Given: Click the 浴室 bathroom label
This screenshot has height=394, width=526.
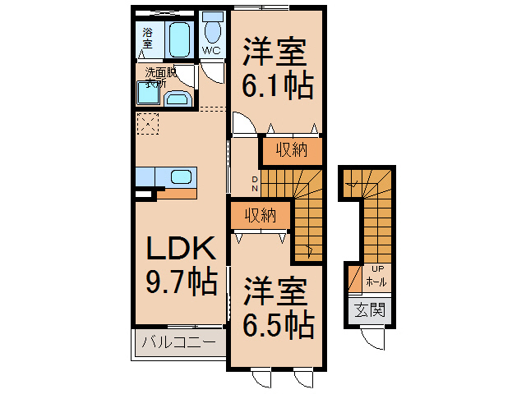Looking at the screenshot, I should coord(148,37).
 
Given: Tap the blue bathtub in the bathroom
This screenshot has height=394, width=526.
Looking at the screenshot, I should coord(179,38).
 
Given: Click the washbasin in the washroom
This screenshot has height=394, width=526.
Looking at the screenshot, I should coord(178,99).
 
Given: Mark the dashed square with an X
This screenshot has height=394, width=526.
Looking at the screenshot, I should coord(150,125).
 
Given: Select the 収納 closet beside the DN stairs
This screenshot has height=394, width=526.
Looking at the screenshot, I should coord(291,150).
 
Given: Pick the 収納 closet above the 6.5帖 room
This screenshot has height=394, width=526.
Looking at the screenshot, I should coord(260,216).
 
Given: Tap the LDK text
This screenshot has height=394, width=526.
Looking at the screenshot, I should coord(181,249).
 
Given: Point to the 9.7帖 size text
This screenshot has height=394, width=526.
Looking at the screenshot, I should coord(181,283).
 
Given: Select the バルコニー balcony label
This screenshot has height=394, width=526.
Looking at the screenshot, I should coord(179,342).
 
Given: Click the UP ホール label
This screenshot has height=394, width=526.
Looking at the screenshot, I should coord(377,275).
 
